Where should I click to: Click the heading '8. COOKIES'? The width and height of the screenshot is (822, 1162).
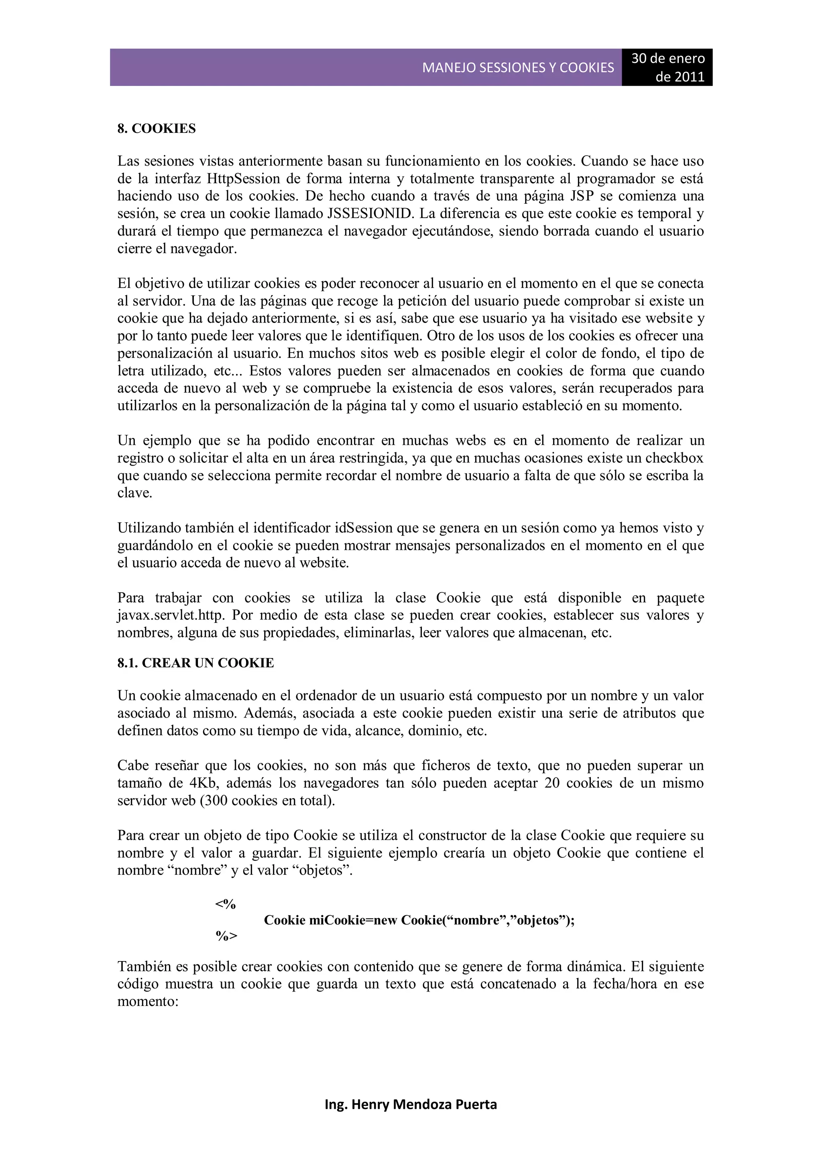click(157, 128)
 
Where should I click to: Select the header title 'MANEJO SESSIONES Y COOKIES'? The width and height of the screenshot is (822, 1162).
click(518, 68)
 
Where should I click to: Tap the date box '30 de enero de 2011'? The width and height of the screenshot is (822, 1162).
click(667, 67)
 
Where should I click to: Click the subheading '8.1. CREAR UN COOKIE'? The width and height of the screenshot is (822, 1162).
click(195, 663)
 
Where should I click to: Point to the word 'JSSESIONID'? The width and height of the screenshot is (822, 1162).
click(370, 213)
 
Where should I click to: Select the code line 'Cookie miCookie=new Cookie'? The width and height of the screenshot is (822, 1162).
click(419, 920)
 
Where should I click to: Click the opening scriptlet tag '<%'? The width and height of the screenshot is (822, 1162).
click(226, 904)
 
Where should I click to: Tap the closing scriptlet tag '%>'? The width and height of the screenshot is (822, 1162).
click(226, 936)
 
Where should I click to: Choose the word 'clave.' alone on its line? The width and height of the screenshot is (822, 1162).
click(135, 493)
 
